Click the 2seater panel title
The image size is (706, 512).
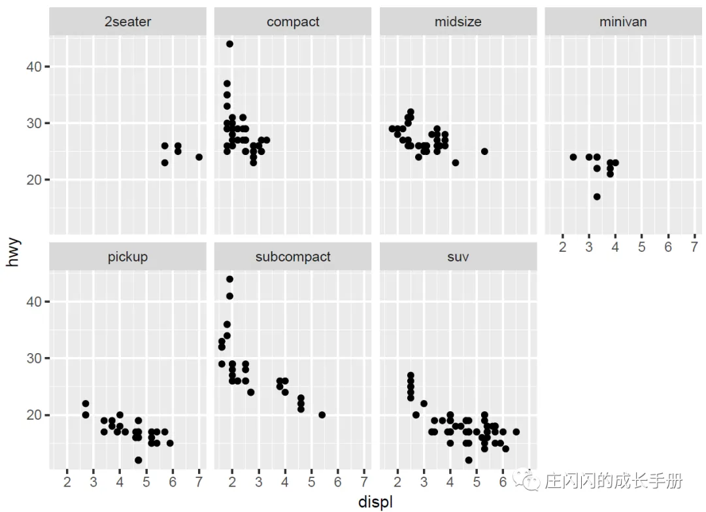coord(127,22)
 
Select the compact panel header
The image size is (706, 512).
coord(293,22)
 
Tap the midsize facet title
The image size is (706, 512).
coord(458,22)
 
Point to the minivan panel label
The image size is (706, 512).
coord(623,22)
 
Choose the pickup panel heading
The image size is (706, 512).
coord(127,257)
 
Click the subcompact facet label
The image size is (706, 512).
coord(293,257)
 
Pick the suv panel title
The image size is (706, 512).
coord(458,257)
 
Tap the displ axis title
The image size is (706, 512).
coord(375,502)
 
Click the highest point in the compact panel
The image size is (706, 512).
coord(229,44)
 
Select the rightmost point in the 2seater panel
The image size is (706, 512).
coord(199,157)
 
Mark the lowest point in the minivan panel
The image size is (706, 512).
coord(597,196)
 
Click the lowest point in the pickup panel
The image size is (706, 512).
coord(138,460)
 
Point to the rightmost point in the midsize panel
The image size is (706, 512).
coord(484,151)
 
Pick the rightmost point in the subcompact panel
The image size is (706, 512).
coord(322,415)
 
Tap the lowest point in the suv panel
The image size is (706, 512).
coord(469,460)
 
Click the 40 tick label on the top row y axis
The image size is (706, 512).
coord(34,67)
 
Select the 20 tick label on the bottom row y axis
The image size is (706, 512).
coord(34,415)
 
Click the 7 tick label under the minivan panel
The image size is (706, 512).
coord(694,247)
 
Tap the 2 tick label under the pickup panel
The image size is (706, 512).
coord(67,483)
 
